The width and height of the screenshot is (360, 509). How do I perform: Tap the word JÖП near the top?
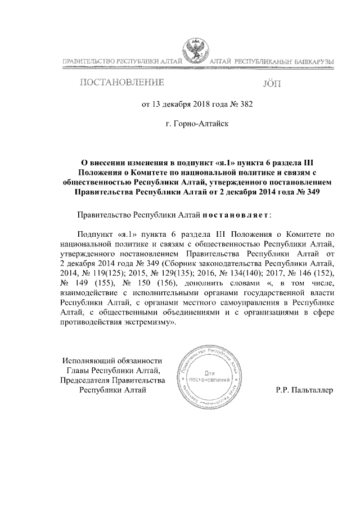271,84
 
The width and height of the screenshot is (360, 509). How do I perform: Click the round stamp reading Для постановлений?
209,376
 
